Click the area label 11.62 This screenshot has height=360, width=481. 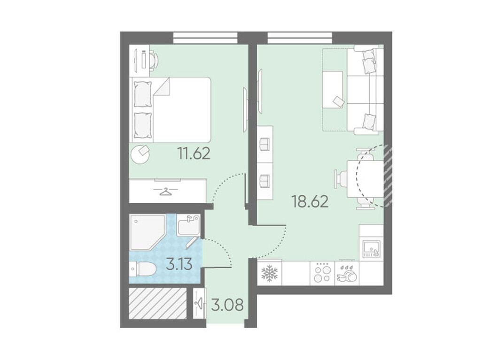(x=194, y=153)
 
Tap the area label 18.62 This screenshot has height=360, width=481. (x=310, y=201)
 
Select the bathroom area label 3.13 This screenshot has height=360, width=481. (x=179, y=264)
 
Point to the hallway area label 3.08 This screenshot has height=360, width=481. (x=228, y=305)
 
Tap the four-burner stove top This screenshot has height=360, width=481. (x=322, y=272)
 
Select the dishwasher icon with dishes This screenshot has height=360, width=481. (x=347, y=272)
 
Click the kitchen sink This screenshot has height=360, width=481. (x=372, y=248)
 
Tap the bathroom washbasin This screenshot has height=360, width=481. (x=188, y=225)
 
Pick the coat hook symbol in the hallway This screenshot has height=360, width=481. (x=199, y=303)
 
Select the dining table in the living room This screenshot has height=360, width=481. (x=365, y=179)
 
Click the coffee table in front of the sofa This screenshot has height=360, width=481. (x=333, y=90)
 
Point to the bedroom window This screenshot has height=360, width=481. (x=205, y=38)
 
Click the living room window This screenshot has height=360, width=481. (x=300, y=38)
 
